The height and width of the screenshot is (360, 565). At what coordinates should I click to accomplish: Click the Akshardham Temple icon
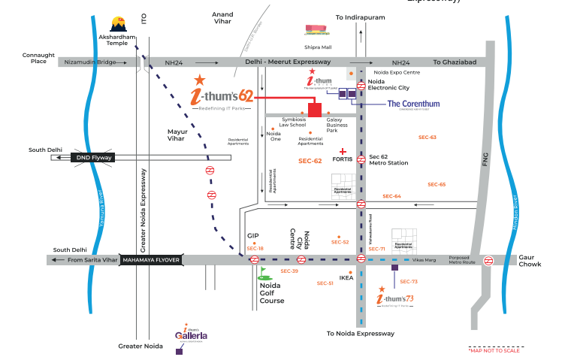coord(119,23)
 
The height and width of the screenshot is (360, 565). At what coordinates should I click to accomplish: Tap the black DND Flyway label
coord(92,158)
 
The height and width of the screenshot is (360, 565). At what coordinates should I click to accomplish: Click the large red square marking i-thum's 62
coord(314,110)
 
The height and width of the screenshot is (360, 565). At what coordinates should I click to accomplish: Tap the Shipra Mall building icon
coord(316,30)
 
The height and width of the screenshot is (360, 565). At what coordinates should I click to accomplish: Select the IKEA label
coord(346,278)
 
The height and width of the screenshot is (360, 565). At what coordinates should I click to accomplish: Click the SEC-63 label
coord(427,138)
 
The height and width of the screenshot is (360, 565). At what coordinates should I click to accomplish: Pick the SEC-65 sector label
coord(437,184)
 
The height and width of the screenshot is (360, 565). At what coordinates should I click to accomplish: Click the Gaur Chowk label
coord(530,260)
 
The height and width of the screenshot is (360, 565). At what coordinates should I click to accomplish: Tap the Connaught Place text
coord(38,58)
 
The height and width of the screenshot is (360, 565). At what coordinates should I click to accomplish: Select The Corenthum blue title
coord(413,104)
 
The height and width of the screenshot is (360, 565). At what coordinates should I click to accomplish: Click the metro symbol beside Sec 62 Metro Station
coord(361,158)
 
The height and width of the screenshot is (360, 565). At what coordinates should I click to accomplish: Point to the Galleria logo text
coord(192,335)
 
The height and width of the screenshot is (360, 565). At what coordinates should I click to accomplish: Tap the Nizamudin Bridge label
coord(89,62)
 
